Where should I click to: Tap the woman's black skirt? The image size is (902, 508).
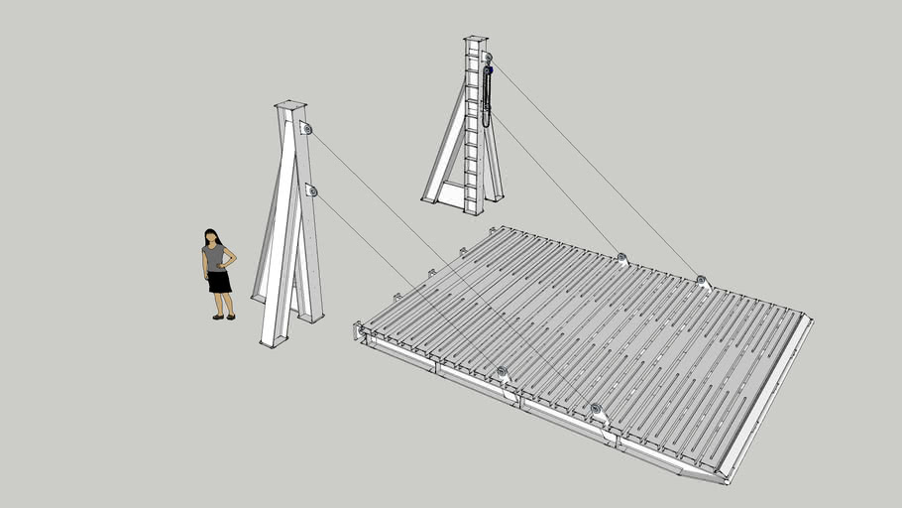click(x=218, y=282)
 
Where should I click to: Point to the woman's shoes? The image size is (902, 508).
click(x=223, y=317)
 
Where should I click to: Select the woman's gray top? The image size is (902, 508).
click(x=215, y=258)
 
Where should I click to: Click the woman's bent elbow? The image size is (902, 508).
click(x=234, y=261)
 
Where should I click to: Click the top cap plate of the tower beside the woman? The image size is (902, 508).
click(x=290, y=104)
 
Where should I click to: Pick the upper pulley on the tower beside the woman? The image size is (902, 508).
click(x=306, y=129)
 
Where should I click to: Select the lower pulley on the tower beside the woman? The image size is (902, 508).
click(x=311, y=190)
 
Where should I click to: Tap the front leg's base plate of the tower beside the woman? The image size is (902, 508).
click(x=272, y=343)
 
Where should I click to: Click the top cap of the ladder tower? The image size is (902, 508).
click(x=475, y=39)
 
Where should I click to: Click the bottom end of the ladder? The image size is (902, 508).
click(x=473, y=209)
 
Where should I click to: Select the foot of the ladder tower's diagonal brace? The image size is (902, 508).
click(x=429, y=198)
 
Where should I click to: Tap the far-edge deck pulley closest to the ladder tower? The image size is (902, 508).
click(x=621, y=260)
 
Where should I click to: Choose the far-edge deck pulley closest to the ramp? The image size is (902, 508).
click(x=701, y=282)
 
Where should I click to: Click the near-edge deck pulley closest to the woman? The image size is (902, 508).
click(x=502, y=373)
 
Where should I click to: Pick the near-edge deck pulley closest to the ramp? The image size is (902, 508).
click(x=596, y=409)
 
